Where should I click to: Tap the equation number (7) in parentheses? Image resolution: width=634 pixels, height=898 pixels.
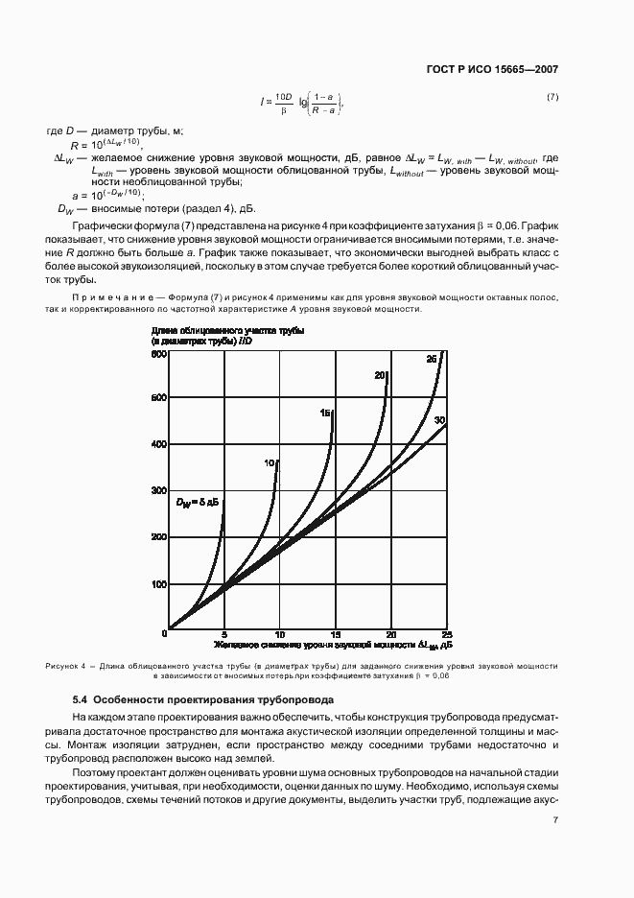pos(552,97)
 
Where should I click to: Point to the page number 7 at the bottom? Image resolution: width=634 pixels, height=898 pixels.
pos(555,819)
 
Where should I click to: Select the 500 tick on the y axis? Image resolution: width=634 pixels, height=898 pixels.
pos(159,397)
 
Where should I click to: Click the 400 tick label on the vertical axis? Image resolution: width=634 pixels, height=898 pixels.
pos(159,444)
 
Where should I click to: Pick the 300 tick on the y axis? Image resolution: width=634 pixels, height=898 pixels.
pos(159,490)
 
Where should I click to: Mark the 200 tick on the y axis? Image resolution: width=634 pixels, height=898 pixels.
pos(159,537)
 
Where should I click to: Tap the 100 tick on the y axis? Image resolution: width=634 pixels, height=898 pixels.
pos(159,584)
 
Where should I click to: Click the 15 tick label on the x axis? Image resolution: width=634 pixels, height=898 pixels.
pos(336,635)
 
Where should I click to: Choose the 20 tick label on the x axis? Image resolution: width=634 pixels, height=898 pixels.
pos(390,635)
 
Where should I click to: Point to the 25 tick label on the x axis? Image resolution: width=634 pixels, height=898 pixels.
pos(446,635)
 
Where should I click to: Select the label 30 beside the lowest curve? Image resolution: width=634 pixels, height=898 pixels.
pos(440,420)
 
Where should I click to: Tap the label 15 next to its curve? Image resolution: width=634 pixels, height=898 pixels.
pos(325,413)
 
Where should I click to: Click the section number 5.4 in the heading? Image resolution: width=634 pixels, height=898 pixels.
pos(82,700)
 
